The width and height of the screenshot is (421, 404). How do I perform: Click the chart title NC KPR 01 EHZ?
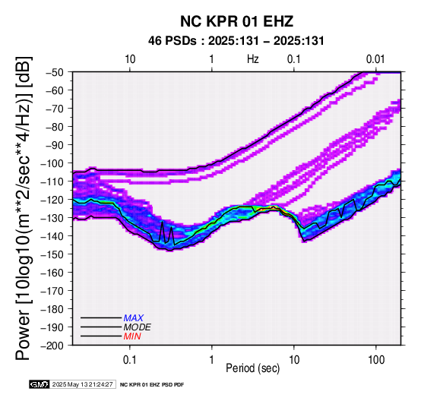point(236,21)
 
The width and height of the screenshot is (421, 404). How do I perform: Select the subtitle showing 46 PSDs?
point(236,41)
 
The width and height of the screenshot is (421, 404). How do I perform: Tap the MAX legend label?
point(134,318)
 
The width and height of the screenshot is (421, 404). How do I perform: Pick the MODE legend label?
point(138,327)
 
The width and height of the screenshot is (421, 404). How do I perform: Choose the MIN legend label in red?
point(132,336)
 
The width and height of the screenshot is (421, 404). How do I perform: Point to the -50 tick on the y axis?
point(55,72)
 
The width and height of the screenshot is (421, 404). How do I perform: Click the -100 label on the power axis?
point(52,163)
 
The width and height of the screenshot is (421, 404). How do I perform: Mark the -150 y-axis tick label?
point(52,254)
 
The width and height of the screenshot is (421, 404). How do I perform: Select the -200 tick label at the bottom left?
point(52,346)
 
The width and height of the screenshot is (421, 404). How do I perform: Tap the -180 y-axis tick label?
point(52,309)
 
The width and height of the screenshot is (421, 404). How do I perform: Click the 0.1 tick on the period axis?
point(130,360)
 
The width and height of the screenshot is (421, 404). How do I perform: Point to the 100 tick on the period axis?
point(376,360)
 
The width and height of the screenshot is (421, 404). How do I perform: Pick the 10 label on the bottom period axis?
point(294,360)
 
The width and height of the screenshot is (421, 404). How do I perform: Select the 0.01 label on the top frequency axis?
point(375,59)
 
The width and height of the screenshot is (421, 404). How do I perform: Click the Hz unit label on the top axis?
point(253,59)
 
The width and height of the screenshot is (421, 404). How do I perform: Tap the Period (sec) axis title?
point(253,368)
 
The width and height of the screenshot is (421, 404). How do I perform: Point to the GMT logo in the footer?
point(40,384)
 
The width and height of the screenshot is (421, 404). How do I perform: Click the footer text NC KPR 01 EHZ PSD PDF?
point(152,385)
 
